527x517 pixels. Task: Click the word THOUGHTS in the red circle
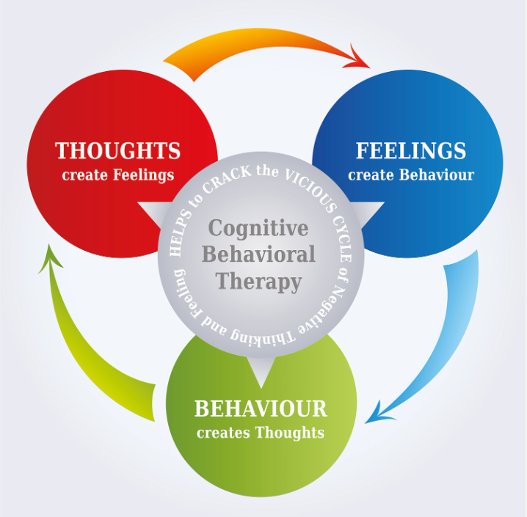pos(117,150)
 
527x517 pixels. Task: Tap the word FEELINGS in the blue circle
pos(411,150)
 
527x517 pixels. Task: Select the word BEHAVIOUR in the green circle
pos(261,408)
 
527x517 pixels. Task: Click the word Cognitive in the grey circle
pos(258,229)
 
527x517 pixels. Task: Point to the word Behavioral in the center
pos(259,254)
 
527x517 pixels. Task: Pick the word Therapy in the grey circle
pos(258,282)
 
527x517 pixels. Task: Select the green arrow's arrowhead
pos(50,259)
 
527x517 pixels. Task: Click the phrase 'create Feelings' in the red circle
pos(118,175)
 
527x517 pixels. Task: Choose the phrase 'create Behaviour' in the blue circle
pos(411,175)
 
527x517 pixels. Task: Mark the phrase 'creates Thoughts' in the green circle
pos(261,433)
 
